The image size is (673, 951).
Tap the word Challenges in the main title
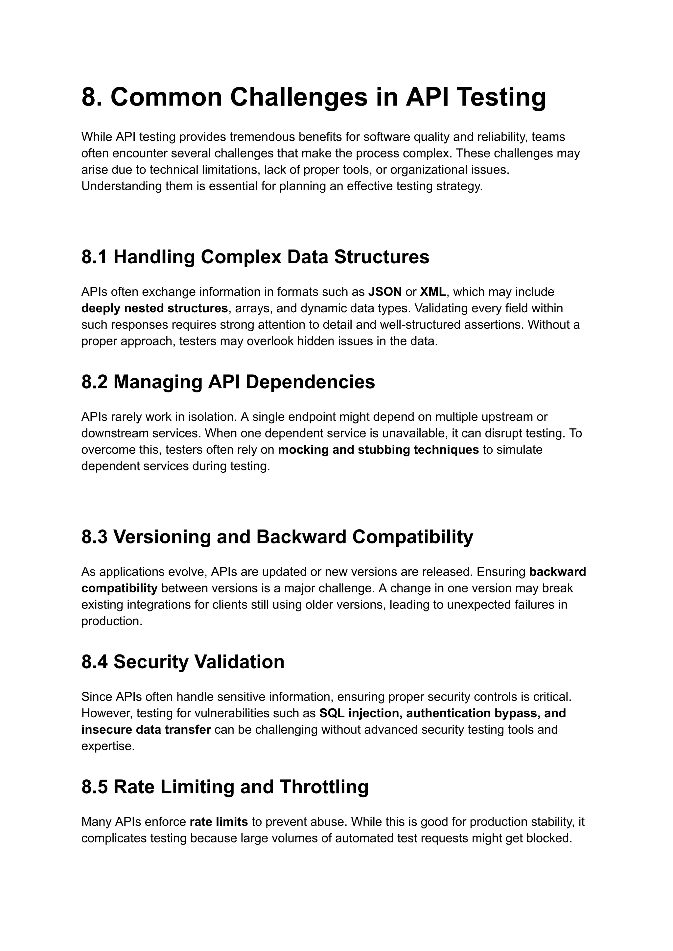298,97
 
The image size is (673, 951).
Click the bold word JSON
384,292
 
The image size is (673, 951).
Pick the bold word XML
433,292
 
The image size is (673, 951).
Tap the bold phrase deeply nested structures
154,308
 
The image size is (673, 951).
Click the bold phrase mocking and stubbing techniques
378,450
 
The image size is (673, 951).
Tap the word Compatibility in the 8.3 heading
412,537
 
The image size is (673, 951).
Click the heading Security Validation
198,662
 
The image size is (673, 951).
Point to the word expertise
108,746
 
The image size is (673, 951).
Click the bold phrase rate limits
219,822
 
